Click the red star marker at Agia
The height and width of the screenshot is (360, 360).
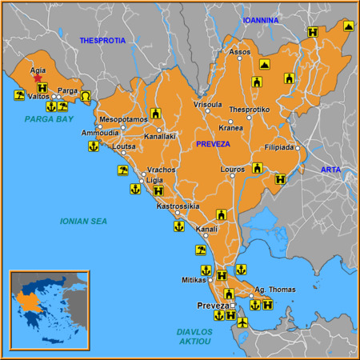38,79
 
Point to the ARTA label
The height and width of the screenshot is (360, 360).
330,170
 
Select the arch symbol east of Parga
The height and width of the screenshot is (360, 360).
86,96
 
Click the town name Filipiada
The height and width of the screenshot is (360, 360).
279,147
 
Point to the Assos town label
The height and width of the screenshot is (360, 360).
240,52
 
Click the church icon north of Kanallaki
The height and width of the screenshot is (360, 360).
156,113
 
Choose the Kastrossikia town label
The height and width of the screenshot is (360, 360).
178,206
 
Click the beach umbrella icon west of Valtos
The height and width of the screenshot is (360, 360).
18,96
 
